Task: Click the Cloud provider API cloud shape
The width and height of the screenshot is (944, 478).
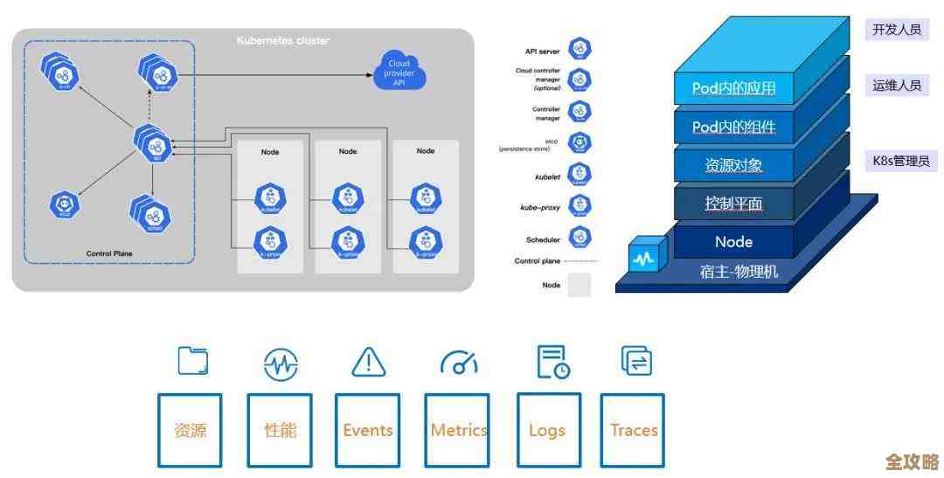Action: pyautogui.click(x=399, y=69)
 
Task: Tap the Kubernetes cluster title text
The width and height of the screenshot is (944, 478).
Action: pyautogui.click(x=283, y=41)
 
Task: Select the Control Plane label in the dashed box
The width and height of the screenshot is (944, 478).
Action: pyautogui.click(x=109, y=253)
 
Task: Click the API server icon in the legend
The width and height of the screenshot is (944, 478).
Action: pyautogui.click(x=580, y=50)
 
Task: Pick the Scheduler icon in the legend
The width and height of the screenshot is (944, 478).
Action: pyautogui.click(x=580, y=237)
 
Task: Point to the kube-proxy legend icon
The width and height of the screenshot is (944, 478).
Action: pyautogui.click(x=580, y=206)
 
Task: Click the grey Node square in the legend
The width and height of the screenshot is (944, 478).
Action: pyautogui.click(x=580, y=285)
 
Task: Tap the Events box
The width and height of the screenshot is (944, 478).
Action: pyautogui.click(x=367, y=430)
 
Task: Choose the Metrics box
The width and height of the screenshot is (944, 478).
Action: pyautogui.click(x=458, y=430)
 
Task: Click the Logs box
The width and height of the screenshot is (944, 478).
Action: pyautogui.click(x=547, y=430)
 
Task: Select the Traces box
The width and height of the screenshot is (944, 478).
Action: pyautogui.click(x=633, y=430)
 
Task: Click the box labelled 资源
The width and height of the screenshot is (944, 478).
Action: pyautogui.click(x=190, y=430)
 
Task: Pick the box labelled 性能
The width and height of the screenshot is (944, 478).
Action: pyautogui.click(x=280, y=430)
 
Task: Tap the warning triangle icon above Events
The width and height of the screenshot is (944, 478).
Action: pyautogui.click(x=368, y=362)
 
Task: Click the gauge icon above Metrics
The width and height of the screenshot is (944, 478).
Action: pyautogui.click(x=459, y=362)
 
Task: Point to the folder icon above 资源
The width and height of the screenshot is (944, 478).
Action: pyautogui.click(x=192, y=361)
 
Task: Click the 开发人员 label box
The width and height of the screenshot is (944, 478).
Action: pyautogui.click(x=896, y=30)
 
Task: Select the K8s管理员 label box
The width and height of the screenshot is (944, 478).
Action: pyautogui.click(x=900, y=161)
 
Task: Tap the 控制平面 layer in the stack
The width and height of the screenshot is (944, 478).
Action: pyautogui.click(x=734, y=204)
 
